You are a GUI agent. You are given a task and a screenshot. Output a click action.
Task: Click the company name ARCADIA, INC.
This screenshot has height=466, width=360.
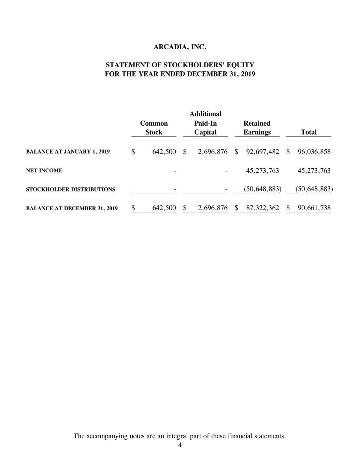(180, 47)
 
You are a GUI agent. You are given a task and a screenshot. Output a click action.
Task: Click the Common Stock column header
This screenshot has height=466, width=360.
(154, 128)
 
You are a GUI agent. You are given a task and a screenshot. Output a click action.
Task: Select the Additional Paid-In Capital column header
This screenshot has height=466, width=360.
(205, 123)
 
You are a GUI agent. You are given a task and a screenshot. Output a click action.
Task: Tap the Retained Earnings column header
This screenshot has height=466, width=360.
(257, 128)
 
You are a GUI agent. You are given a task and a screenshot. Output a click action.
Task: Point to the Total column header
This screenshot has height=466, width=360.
(308, 132)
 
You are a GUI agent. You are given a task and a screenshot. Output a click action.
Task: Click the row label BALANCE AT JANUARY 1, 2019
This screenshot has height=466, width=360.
(68, 152)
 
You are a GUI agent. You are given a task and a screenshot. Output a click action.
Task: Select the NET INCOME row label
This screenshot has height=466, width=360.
(44, 171)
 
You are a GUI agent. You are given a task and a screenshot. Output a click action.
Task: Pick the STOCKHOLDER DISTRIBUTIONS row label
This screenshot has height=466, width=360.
(71, 189)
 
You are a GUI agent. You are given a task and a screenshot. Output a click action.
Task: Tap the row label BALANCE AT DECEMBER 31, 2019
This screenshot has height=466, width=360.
(72, 208)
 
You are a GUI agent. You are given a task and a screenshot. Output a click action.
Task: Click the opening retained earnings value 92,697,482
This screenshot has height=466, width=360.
(262, 152)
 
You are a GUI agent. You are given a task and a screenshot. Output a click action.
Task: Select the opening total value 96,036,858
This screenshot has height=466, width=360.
(314, 152)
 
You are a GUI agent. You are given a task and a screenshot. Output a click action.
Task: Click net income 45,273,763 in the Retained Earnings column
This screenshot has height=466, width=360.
(262, 171)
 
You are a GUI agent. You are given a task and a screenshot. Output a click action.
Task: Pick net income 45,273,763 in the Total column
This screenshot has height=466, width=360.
(314, 171)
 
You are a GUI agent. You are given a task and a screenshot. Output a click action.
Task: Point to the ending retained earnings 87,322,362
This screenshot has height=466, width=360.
(262, 208)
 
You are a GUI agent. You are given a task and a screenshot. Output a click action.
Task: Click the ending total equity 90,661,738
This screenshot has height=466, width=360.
(314, 208)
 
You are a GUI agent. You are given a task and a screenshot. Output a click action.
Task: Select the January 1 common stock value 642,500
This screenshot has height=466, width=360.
(164, 152)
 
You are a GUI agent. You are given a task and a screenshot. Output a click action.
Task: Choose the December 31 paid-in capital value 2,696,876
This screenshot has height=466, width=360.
(213, 208)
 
